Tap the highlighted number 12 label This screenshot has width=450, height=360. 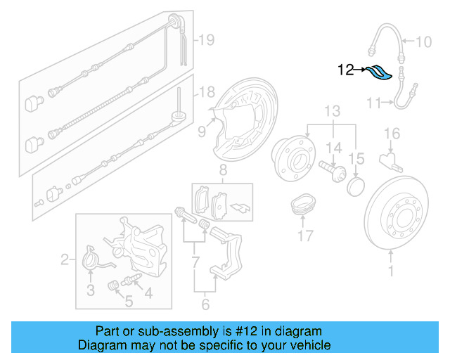346,70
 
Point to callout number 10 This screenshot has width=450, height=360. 424,42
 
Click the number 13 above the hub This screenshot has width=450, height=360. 333,111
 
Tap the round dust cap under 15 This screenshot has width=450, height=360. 357,186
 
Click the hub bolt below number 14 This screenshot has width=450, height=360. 330,171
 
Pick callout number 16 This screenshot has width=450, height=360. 392,133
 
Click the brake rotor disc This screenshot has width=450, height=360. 401,218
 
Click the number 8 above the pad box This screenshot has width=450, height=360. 222,170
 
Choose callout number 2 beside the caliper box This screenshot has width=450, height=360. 65,261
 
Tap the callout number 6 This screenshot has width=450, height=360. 205,304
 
